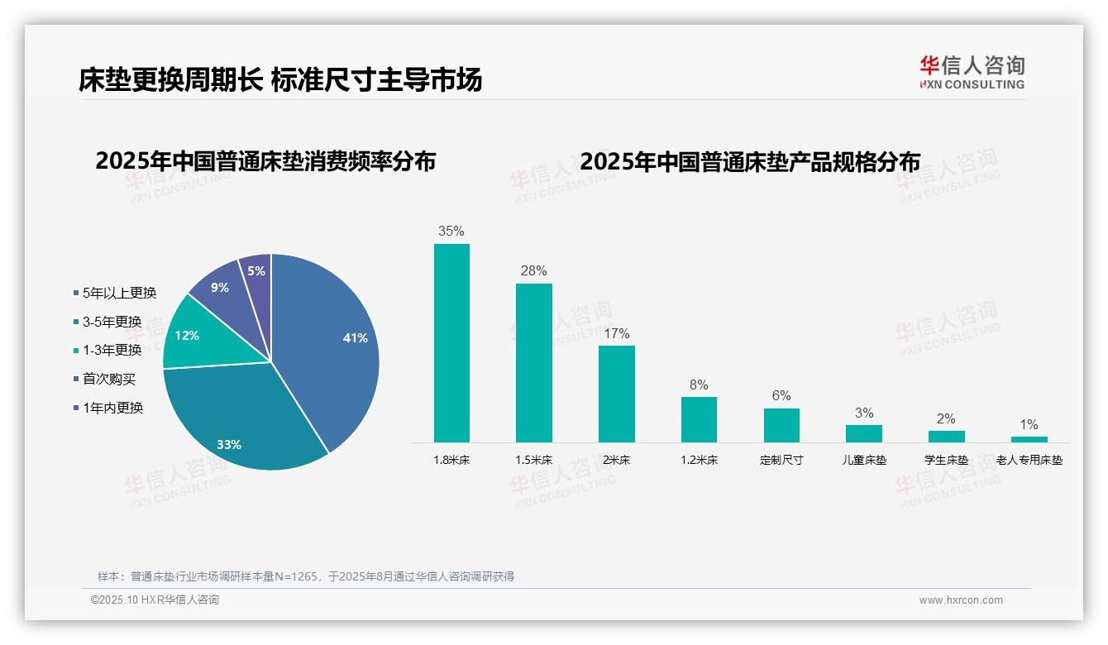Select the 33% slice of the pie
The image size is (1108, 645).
240,422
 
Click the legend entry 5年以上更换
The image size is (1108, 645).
119,293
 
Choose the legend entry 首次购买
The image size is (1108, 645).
108,379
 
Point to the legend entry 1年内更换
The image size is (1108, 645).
112,408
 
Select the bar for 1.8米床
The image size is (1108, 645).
451,342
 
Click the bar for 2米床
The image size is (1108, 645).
616,394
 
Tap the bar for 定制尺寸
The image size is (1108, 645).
781,425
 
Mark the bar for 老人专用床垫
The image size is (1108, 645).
1029,439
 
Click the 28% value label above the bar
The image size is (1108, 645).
533,271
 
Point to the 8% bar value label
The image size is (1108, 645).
699,385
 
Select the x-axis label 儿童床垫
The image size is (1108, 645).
864,460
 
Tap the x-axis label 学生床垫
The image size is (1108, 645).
946,460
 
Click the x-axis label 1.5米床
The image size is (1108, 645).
533,460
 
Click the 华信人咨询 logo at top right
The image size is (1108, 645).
972,71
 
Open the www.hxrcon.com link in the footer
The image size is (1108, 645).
961,600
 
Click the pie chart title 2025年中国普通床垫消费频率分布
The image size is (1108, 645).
265,161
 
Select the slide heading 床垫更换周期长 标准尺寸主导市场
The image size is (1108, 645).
280,79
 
